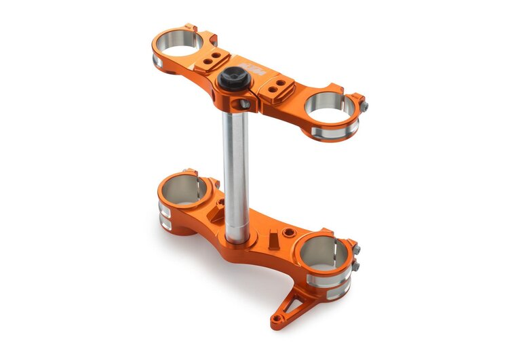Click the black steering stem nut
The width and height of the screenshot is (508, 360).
tap(231, 80)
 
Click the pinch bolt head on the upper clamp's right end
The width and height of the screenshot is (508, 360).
tap(364, 107)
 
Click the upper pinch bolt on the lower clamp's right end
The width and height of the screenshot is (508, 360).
tap(355, 250)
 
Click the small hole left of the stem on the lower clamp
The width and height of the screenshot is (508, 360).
tap(218, 202)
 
